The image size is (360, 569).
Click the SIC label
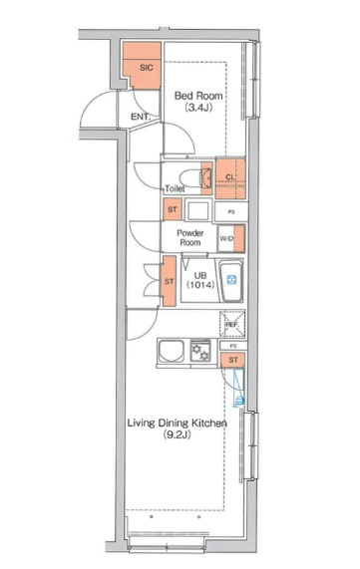tap(147, 67)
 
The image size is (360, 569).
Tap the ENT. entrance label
tap(141, 117)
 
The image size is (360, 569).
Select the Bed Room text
tap(198, 96)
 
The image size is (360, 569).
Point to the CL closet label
tap(230, 177)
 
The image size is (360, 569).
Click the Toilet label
tap(175, 188)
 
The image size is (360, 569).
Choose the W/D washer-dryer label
tap(226, 238)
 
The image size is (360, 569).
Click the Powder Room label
tap(190, 238)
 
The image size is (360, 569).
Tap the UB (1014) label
tap(200, 280)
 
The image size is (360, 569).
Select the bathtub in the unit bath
tap(230, 280)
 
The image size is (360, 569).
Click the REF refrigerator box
tap(232, 324)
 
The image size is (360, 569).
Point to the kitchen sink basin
tap(172, 351)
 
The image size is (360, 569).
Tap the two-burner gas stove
tap(200, 351)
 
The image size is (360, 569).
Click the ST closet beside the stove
tap(233, 360)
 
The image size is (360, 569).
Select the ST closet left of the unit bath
tap(170, 281)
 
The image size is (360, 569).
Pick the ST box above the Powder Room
tap(173, 209)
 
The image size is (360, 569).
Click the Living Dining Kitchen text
tap(177, 423)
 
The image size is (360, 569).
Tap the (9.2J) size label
tap(177, 434)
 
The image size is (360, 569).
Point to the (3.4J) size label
tap(198, 108)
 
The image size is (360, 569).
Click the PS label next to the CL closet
tap(231, 212)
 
